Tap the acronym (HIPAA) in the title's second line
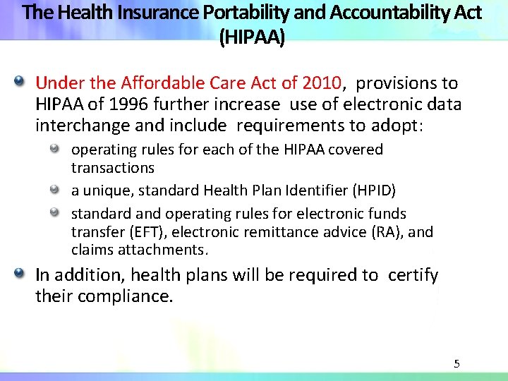pos(253,37)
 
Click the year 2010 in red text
pos(321,83)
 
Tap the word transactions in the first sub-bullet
pos(112,168)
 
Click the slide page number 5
pos(456,364)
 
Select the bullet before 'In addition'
pos(25,274)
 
